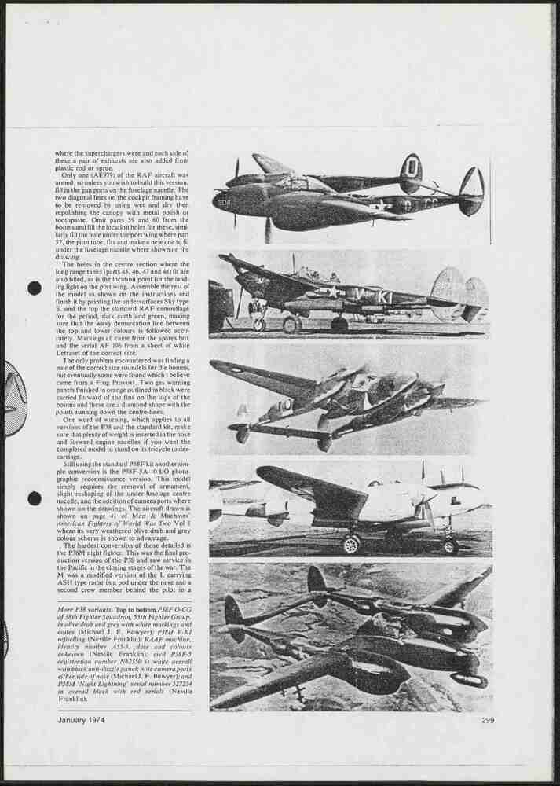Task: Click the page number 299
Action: (488, 720)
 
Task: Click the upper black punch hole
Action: (35, 288)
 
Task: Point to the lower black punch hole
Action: (35, 498)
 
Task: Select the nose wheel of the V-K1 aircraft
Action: (259, 324)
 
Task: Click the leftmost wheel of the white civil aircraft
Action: (351, 544)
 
